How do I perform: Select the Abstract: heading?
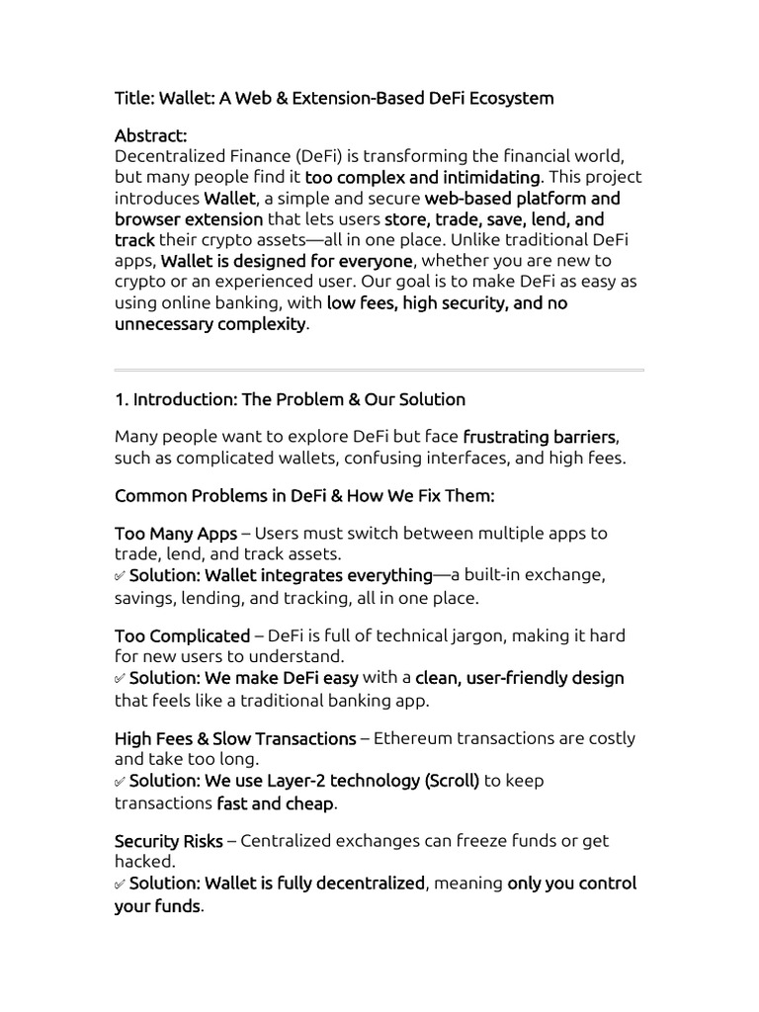(x=150, y=135)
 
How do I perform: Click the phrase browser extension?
(x=189, y=218)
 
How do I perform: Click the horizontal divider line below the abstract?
(x=379, y=371)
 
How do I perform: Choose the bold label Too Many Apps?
(x=176, y=533)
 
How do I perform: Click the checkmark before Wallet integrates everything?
(x=120, y=575)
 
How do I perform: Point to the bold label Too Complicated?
(x=182, y=635)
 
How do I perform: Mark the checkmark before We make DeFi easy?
(x=120, y=678)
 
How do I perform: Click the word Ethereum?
(x=417, y=738)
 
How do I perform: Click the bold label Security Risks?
(x=169, y=841)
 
